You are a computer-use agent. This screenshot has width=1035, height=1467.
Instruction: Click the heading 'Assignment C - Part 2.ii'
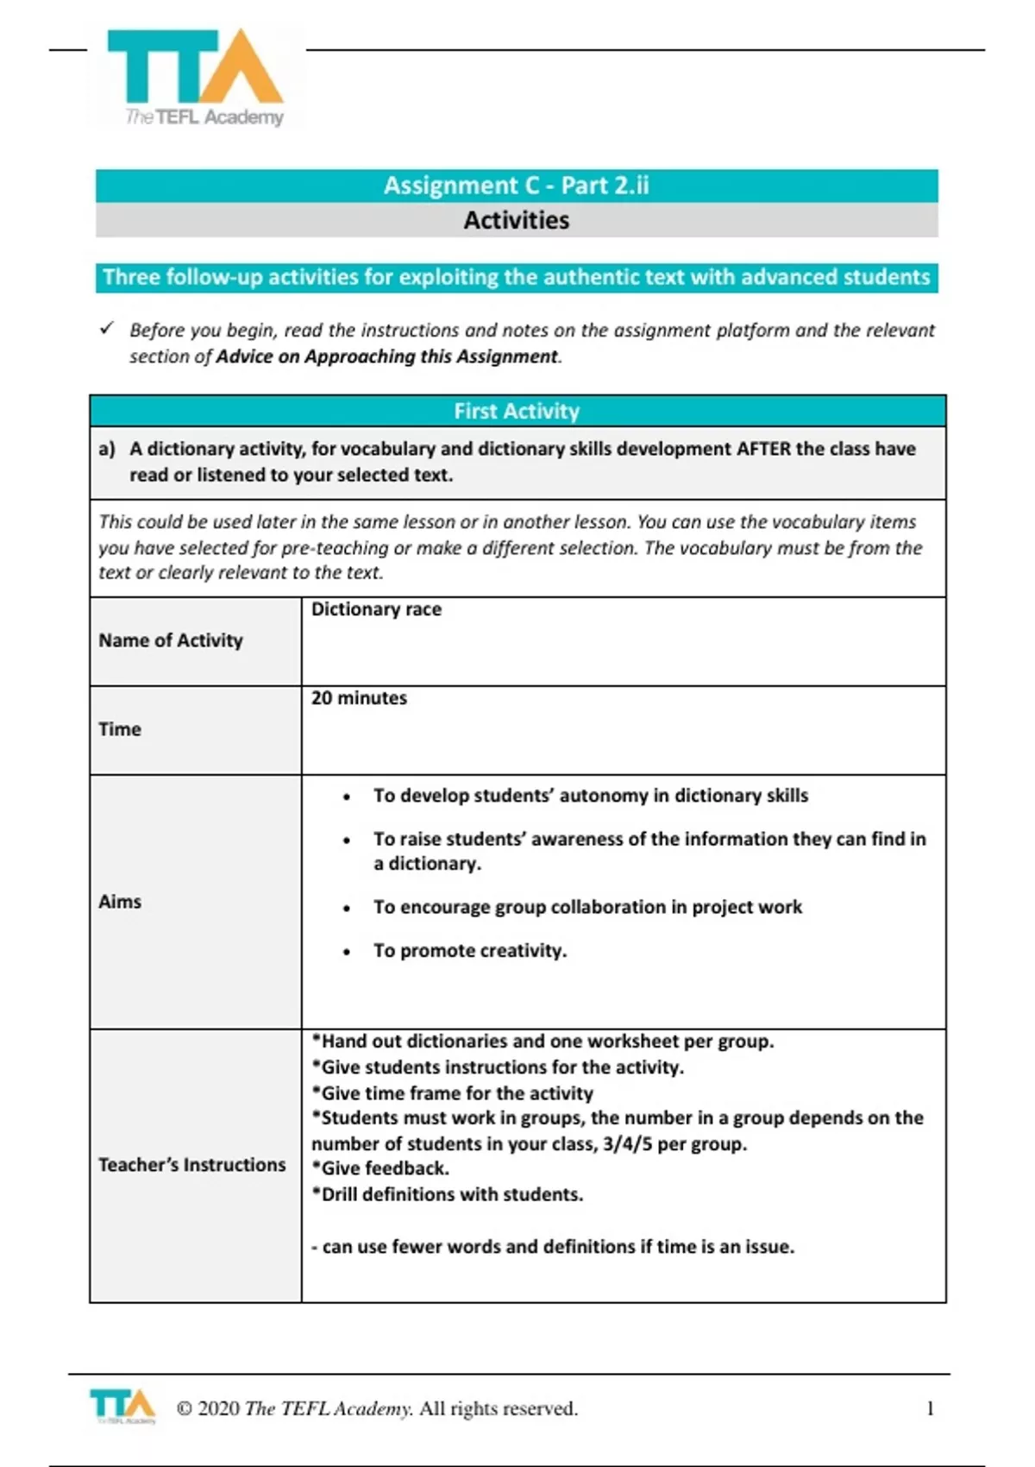[516, 186]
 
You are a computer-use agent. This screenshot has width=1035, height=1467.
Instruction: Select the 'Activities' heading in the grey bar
[516, 220]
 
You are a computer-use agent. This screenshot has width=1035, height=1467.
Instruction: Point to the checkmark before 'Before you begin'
[107, 329]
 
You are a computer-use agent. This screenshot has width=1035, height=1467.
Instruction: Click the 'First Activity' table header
[516, 411]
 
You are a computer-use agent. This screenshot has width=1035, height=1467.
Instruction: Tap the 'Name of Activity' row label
[170, 640]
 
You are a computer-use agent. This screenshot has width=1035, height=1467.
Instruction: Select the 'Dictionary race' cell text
[376, 609]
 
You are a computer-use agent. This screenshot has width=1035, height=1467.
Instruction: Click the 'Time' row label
[119, 729]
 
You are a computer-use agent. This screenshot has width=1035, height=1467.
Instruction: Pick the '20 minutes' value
[359, 698]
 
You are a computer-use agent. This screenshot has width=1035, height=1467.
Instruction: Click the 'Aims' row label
[119, 902]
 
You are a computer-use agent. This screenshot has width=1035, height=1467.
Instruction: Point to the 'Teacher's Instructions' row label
[191, 1165]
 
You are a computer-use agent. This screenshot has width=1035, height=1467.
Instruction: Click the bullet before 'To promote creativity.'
[347, 953]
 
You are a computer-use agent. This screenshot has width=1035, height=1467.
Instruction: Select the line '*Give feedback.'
[380, 1168]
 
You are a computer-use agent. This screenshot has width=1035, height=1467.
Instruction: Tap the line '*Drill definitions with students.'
[447, 1194]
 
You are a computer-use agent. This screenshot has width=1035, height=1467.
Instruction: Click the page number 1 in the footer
[930, 1408]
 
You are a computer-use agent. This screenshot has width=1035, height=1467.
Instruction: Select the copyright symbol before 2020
[184, 1408]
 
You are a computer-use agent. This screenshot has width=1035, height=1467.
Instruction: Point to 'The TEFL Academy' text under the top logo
[204, 117]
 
